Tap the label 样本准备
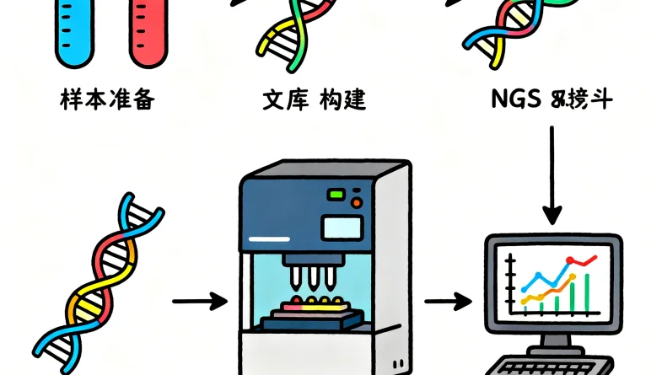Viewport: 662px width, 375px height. click(x=107, y=101)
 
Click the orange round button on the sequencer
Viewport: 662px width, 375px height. click(x=355, y=203)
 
